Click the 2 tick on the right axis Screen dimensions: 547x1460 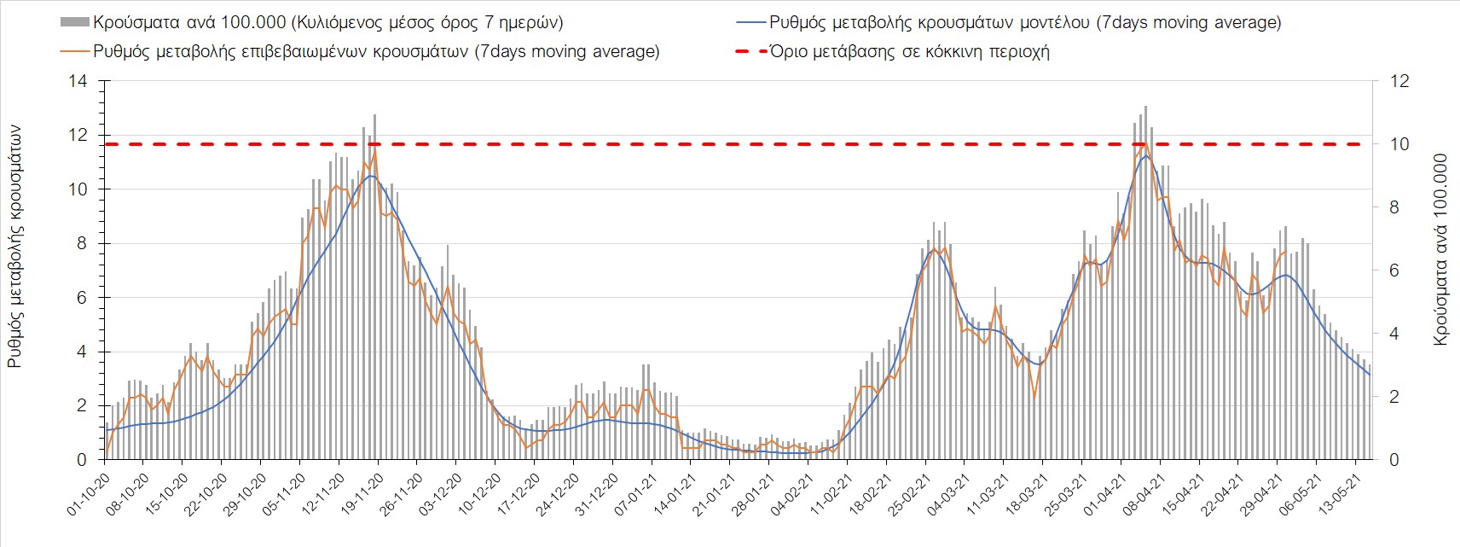point(1395,397)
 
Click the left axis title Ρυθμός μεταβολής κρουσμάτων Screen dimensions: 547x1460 point(14,246)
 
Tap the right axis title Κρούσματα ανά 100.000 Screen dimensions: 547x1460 point(1440,249)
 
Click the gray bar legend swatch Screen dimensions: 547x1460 point(74,22)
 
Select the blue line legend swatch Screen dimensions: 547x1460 point(749,22)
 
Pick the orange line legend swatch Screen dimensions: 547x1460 point(74,51)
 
